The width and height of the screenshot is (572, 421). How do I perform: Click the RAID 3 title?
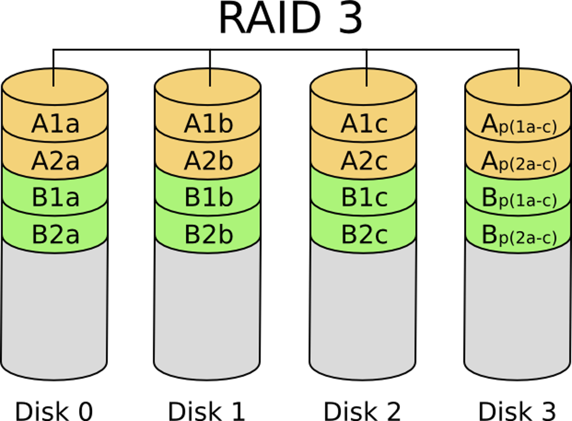coord(290,19)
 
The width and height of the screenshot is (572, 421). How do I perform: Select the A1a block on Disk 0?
coord(55,124)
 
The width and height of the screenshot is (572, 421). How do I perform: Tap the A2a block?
coord(55,161)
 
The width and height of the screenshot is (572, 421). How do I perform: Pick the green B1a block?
coord(55,198)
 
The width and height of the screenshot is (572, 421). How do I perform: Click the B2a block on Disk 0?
coord(55,234)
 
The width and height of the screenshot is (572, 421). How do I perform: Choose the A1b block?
coord(208,124)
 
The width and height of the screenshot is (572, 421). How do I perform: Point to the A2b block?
coord(208,161)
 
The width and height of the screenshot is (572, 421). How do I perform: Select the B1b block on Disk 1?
coord(208,198)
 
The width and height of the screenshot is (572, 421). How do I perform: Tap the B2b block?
coord(208,234)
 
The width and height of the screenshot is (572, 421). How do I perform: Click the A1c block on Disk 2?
coord(363,124)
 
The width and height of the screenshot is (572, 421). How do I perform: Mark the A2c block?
coord(363,161)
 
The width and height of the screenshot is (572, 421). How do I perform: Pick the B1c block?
coord(363,198)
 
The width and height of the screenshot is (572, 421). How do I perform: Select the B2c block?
coord(363,234)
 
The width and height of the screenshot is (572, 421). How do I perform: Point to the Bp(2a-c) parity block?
coord(519,235)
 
